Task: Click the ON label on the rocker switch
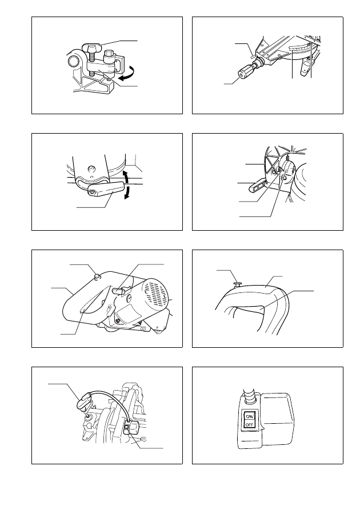pos(250,416)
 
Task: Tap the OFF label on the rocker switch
pos(250,425)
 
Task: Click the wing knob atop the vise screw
pos(93,48)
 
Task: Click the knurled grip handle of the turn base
pos(246,71)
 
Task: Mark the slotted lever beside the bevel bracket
pos(258,186)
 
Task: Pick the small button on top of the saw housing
pos(97,276)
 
